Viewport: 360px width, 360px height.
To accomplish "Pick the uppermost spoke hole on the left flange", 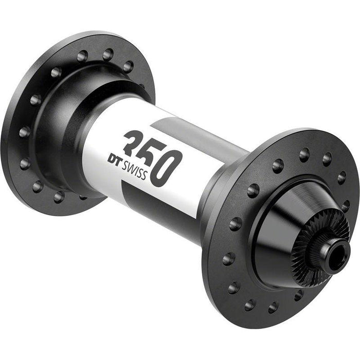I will pos(107,53).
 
